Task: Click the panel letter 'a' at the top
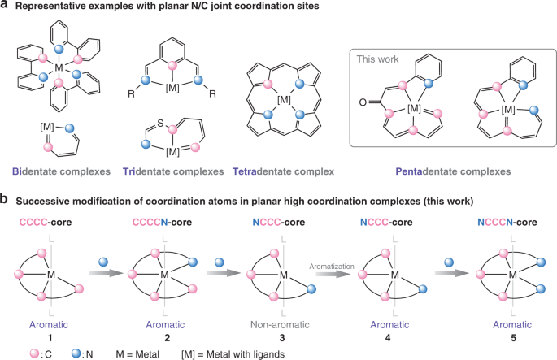click(7, 8)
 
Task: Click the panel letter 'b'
click(7, 197)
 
